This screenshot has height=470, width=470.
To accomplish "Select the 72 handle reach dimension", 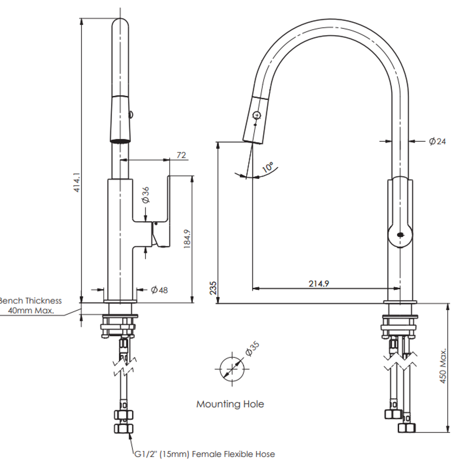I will (181, 154).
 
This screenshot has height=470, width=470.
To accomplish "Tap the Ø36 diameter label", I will (145, 195).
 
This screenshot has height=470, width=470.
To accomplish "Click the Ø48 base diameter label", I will (159, 290).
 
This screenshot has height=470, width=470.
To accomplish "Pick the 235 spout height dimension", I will (212, 288).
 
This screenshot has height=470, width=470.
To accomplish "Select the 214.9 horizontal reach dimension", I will (319, 283).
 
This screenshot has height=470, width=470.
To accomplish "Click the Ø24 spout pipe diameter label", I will (437, 141).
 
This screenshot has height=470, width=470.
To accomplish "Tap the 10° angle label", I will (267, 168).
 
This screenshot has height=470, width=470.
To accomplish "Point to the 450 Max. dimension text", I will (443, 366).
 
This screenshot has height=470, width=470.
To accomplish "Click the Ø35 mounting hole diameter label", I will (252, 349).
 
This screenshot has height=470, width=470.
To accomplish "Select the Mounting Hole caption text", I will (230, 404).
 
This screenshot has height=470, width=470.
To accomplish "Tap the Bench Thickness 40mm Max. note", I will (30, 305).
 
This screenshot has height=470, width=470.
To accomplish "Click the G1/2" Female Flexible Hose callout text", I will (205, 454).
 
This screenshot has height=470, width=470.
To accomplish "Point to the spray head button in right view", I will (257, 115).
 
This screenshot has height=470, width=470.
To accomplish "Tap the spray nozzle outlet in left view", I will (120, 140).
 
